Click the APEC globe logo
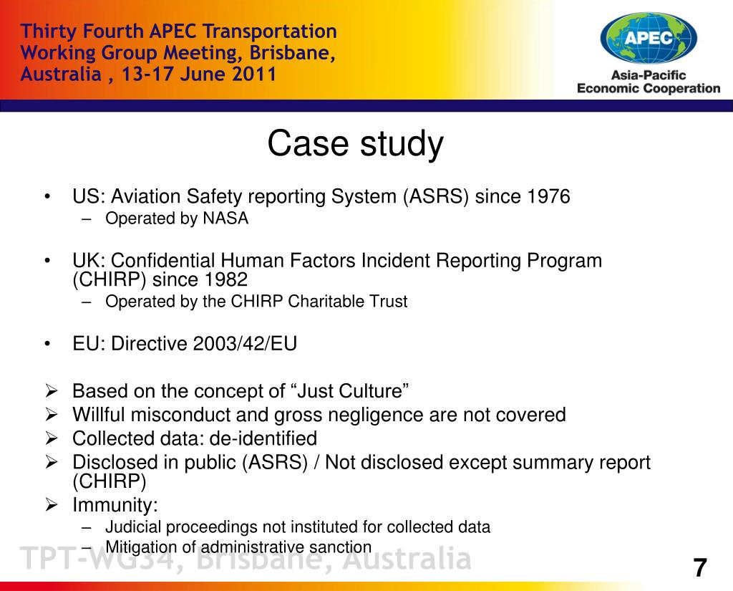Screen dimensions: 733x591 (649, 39)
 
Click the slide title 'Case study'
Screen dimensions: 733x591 (355, 144)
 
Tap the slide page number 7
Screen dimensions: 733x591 (700, 567)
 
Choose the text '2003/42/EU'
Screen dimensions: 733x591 (245, 344)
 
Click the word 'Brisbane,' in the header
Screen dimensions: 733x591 (292, 53)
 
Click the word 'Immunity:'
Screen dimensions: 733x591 (115, 505)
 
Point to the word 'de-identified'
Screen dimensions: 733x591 (263, 438)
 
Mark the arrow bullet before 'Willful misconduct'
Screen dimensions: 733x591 (52, 415)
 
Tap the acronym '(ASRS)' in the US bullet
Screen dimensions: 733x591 (436, 196)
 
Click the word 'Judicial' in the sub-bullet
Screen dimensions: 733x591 (132, 527)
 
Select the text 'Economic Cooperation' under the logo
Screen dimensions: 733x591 (649, 88)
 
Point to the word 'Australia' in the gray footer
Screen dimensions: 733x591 (407, 559)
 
